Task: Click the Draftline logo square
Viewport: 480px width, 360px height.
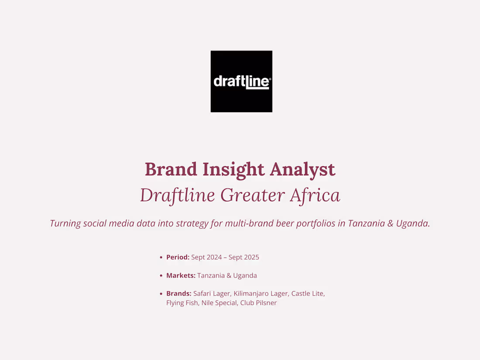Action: pyautogui.click(x=241, y=82)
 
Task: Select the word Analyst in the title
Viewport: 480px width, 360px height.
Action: pyautogui.click(x=303, y=169)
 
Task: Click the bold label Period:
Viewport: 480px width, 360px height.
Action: pyautogui.click(x=178, y=257)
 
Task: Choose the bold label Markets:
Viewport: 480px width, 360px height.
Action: pyautogui.click(x=181, y=276)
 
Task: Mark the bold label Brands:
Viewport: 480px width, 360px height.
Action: pyautogui.click(x=178, y=294)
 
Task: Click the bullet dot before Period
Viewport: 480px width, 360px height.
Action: pyautogui.click(x=161, y=257)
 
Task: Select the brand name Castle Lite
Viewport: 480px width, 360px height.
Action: pyautogui.click(x=308, y=294)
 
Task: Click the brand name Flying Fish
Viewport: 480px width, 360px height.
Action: pyautogui.click(x=182, y=303)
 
